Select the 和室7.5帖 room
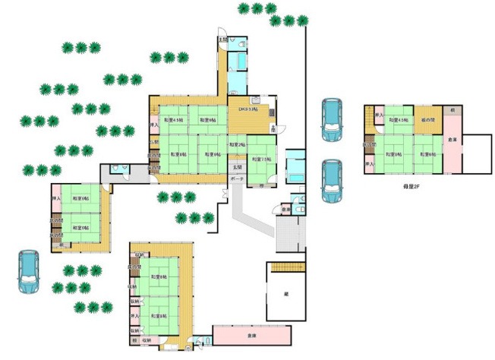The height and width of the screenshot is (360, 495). pyautogui.click(x=261, y=160)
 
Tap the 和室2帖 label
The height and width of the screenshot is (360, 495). pyautogui.click(x=236, y=144)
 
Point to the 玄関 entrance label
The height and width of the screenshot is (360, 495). pyautogui.click(x=236, y=167)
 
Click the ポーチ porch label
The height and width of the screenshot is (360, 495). pyautogui.click(x=237, y=179)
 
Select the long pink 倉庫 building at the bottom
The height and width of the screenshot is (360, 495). pyautogui.click(x=251, y=334)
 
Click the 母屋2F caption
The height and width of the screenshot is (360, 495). pyautogui.click(x=392, y=185)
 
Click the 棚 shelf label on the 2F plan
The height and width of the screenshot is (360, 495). pyautogui.click(x=452, y=110)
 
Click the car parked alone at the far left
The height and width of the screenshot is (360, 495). pyautogui.click(x=28, y=272)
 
